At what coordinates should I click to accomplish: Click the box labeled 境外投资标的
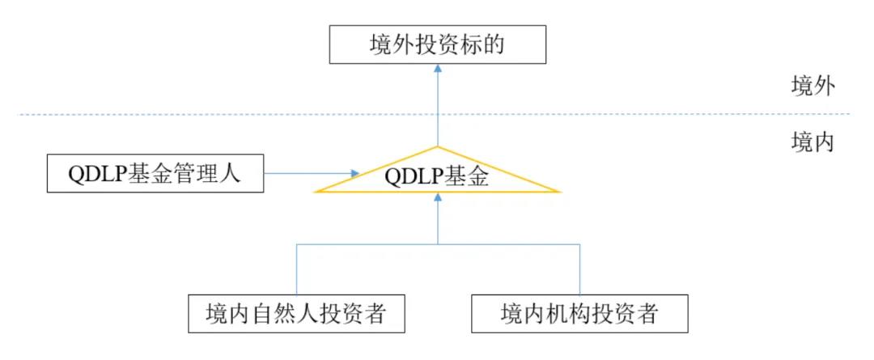click(438, 44)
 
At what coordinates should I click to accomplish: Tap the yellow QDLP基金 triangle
click(437, 178)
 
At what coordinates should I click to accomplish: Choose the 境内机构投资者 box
click(579, 314)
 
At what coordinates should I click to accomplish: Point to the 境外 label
click(812, 87)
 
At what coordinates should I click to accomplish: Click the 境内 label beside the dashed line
click(812, 143)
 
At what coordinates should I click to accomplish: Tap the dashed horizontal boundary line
click(202, 114)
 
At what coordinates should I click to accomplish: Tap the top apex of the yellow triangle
click(438, 148)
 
